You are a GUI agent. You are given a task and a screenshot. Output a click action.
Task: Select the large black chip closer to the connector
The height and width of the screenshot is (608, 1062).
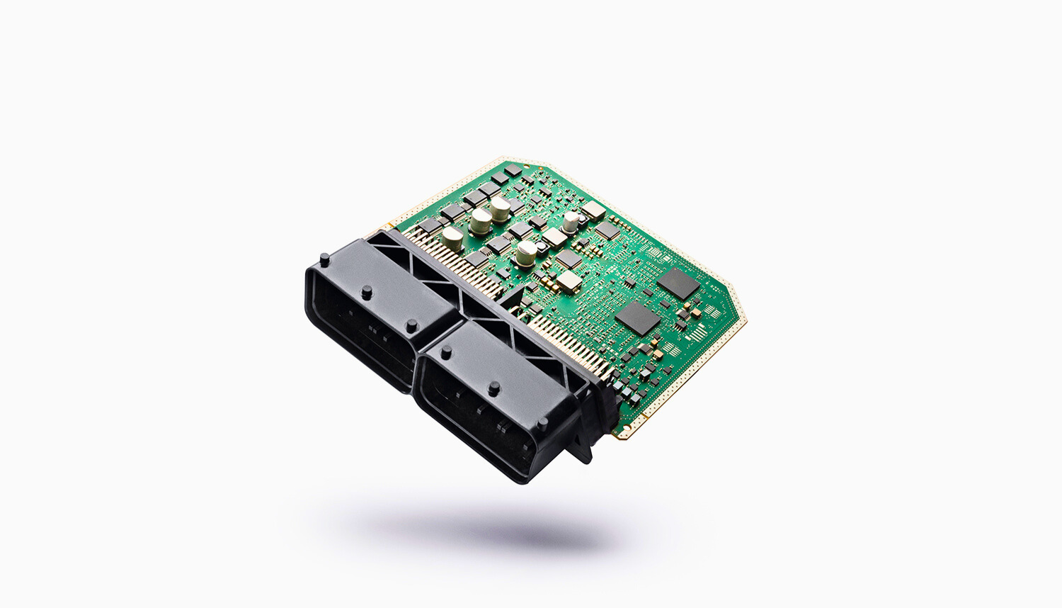point(638,319)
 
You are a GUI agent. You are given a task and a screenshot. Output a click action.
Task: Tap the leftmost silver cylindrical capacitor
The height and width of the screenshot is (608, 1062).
point(452,239)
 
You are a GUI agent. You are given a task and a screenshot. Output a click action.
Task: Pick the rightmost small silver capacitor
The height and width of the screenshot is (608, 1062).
point(571,221)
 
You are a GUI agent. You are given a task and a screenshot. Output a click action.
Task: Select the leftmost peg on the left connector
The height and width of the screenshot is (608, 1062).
point(324,259)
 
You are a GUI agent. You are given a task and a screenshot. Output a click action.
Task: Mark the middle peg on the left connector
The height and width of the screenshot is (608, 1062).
point(367,292)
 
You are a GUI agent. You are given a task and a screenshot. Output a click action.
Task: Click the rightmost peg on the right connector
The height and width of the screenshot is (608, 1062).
point(542,424)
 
